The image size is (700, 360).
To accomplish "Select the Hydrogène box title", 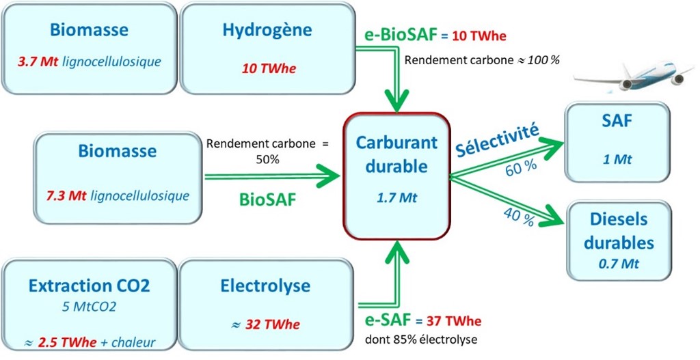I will tap(267, 30).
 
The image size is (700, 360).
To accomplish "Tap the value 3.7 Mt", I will tap(38, 62).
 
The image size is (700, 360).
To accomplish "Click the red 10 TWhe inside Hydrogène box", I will tap(267, 68).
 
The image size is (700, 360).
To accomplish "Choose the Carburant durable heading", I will tap(396, 155).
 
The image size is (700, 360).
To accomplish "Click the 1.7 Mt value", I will tap(396, 199).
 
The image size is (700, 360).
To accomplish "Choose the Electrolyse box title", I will tap(266, 285).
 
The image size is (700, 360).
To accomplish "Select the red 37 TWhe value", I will tap(454, 321).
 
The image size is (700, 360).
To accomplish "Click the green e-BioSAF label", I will tap(390, 36).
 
